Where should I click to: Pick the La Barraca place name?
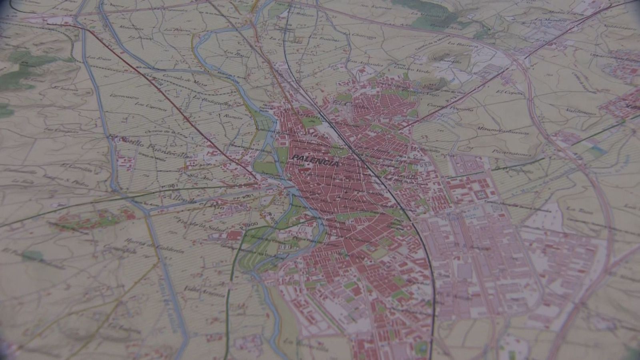pyautogui.click(x=458, y=44)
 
